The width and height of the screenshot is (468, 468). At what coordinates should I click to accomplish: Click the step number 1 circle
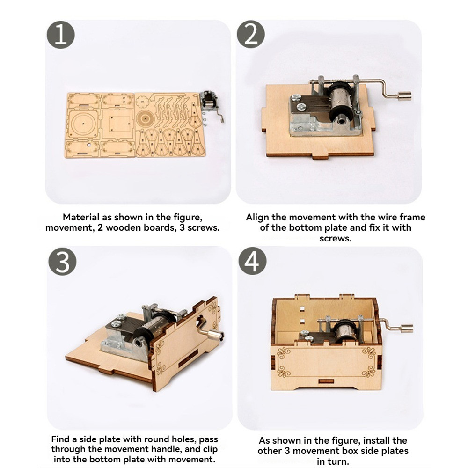(x=60, y=35)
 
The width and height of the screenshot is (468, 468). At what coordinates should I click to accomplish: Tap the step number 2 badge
(x=251, y=34)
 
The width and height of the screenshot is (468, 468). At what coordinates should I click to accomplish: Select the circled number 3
(x=62, y=262)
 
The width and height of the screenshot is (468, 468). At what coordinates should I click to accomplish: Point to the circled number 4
(x=253, y=262)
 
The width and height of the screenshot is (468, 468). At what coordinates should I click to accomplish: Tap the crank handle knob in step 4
(x=407, y=329)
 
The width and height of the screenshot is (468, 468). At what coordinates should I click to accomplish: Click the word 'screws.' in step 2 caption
(x=336, y=239)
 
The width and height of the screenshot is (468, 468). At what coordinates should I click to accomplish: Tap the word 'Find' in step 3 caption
(x=60, y=439)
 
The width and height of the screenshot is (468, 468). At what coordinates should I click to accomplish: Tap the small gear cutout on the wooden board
(x=142, y=102)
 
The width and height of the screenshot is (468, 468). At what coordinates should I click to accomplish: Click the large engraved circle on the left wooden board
(x=82, y=123)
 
